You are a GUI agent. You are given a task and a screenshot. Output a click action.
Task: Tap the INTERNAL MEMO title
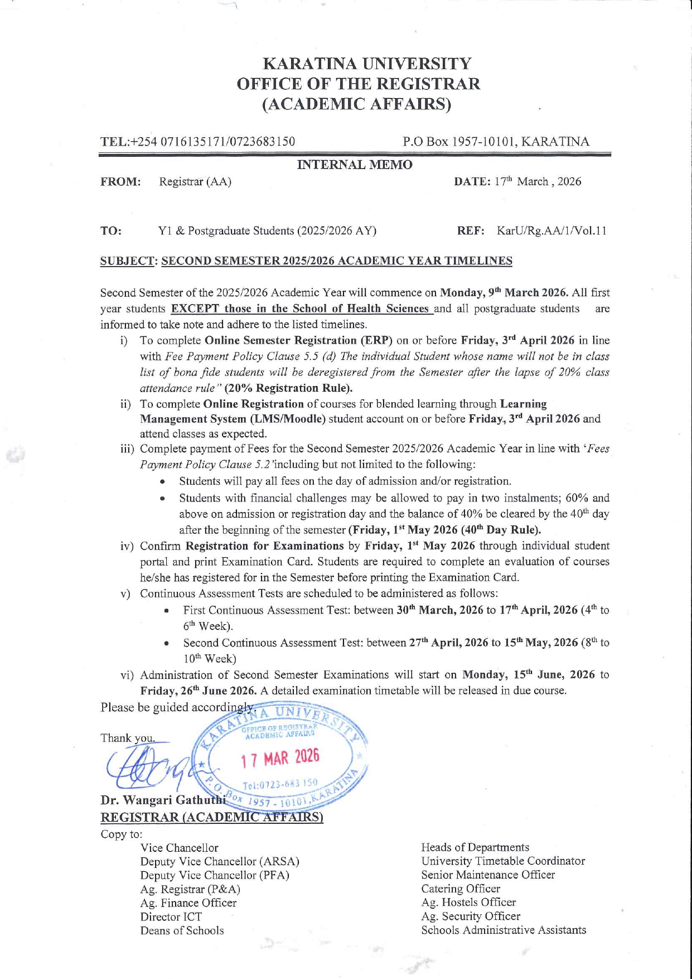(355, 165)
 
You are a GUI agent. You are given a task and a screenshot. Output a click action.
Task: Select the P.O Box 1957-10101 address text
(496, 142)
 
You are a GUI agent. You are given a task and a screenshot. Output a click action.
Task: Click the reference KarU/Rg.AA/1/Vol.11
(551, 230)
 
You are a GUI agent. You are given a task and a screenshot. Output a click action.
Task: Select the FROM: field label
(120, 182)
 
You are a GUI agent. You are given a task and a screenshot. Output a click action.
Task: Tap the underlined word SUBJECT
(127, 261)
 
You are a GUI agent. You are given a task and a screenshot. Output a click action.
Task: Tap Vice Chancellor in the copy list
(179, 848)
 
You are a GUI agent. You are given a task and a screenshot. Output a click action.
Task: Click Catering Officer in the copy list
(461, 889)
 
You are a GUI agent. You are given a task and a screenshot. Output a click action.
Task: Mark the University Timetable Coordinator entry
(503, 861)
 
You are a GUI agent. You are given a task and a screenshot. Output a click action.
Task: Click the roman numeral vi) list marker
(127, 676)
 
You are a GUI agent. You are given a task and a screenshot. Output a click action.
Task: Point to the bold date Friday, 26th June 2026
(199, 691)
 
